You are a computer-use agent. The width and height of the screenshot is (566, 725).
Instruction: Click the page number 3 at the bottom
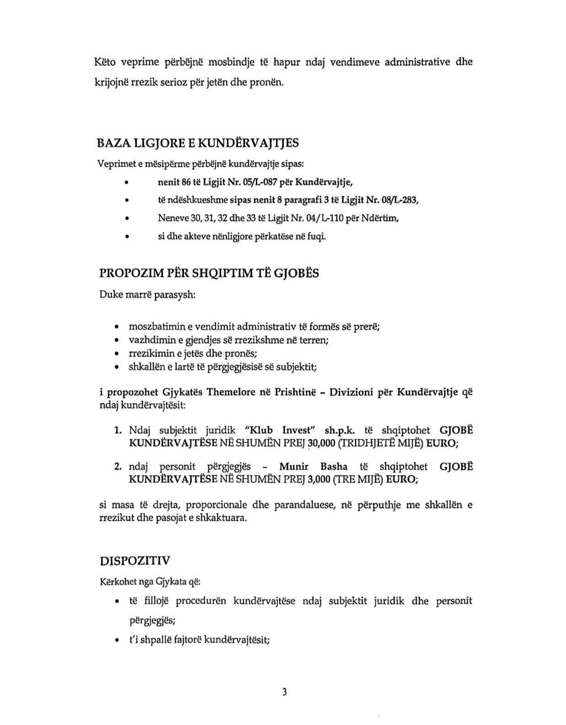(284, 692)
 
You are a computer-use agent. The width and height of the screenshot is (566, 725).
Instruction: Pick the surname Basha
(334, 467)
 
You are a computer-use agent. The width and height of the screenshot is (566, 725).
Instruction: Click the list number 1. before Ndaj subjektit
(117, 430)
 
